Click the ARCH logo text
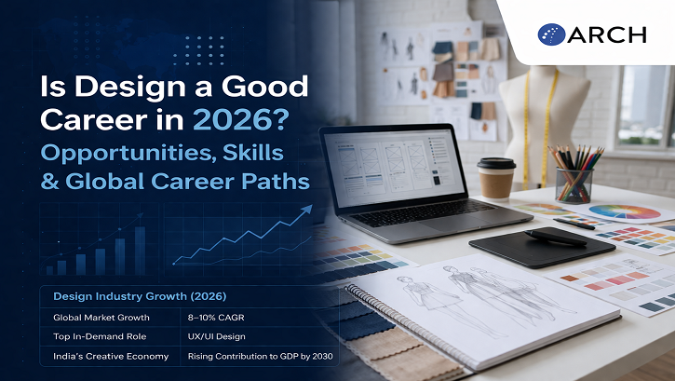click(x=609, y=34)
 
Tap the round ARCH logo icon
click(x=552, y=34)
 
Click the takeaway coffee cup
click(x=495, y=177)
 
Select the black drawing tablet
click(x=528, y=245)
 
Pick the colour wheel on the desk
click(x=623, y=212)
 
